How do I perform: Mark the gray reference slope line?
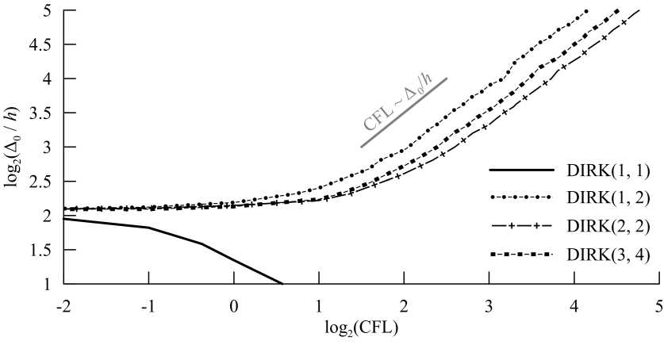(x=405, y=113)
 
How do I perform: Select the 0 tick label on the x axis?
(x=234, y=304)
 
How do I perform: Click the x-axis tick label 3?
(x=489, y=304)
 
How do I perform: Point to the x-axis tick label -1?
(x=148, y=304)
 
